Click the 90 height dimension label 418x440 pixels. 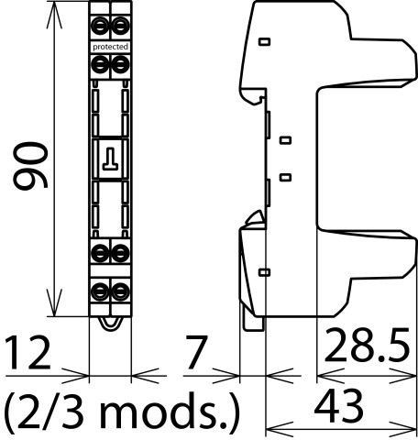(x=30, y=165)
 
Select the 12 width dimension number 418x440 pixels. (x=27, y=352)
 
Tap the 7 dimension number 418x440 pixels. (x=196, y=352)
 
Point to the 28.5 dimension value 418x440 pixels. (x=367, y=345)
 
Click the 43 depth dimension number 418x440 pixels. (x=339, y=405)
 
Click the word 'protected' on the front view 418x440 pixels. (x=110, y=47)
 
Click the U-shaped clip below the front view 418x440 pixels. (x=110, y=324)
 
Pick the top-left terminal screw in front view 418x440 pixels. (x=100, y=27)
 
